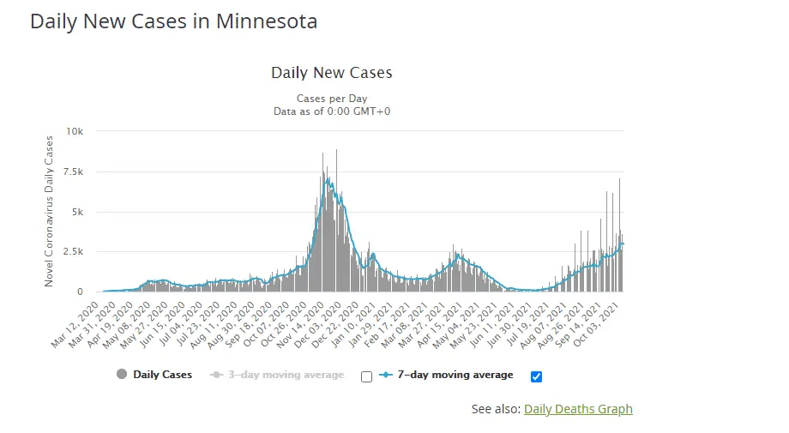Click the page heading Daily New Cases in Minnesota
coord(173,21)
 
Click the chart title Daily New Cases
coord(331,73)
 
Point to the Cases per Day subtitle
coord(331,99)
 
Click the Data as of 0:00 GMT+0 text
coord(331,111)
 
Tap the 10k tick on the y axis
coord(75,131)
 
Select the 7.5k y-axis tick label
coord(73,171)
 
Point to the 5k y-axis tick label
coord(77,212)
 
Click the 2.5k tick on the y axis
coord(73,251)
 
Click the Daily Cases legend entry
coord(162,375)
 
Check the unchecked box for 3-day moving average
coord(367,376)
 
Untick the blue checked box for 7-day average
coord(537,376)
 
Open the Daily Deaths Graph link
coord(578,409)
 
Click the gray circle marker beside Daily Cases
coord(122,375)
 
